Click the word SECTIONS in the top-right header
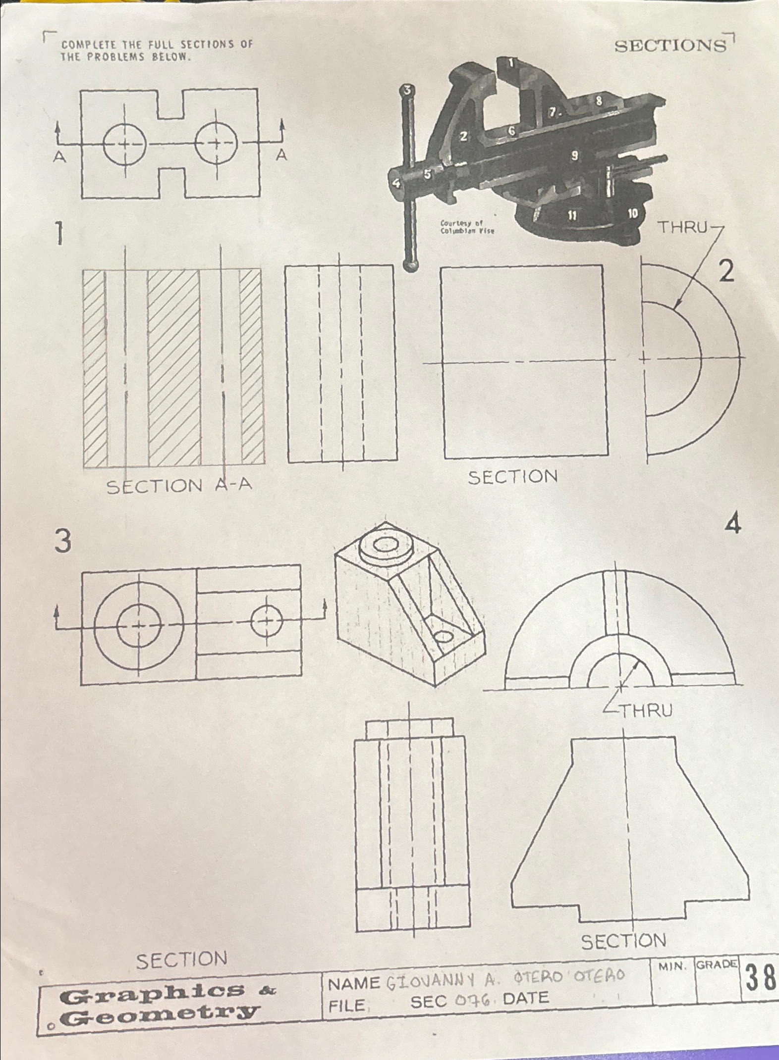(670, 46)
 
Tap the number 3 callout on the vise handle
(407, 90)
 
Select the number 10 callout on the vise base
(633, 213)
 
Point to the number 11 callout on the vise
(572, 215)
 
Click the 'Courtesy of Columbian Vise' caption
(467, 227)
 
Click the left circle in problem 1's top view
(125, 144)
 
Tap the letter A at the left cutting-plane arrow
(60, 157)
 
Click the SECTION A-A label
(179, 486)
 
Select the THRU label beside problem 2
(682, 227)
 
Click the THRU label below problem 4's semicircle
(647, 711)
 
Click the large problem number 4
(733, 524)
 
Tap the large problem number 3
(63, 541)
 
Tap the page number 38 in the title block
(759, 978)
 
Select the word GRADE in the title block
(717, 964)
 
